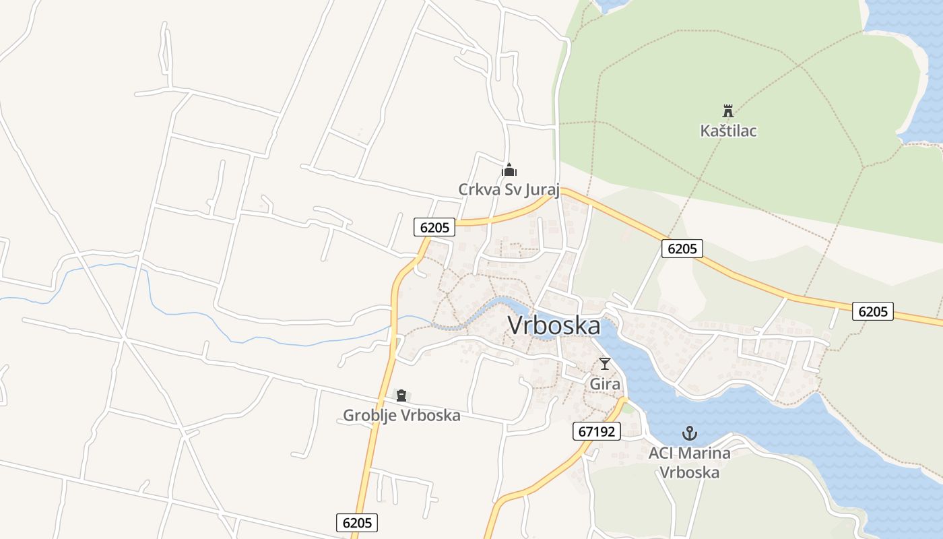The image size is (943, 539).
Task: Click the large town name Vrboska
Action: click(x=554, y=326)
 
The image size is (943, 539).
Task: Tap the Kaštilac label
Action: click(x=728, y=131)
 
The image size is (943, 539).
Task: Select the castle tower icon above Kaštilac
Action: click(x=727, y=110)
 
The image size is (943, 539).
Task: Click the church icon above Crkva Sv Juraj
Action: click(x=509, y=170)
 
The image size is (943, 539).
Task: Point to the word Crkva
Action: click(x=478, y=190)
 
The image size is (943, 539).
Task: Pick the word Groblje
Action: click(x=370, y=415)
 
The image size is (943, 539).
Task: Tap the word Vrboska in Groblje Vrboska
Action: click(x=430, y=415)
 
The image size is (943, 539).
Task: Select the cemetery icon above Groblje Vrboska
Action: click(x=401, y=395)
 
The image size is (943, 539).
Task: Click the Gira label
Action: click(x=604, y=383)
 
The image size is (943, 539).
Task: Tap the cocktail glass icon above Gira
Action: click(x=605, y=364)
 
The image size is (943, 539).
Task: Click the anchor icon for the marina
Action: click(x=689, y=433)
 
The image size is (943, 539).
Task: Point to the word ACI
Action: click(x=661, y=453)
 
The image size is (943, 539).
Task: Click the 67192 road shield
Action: click(x=597, y=431)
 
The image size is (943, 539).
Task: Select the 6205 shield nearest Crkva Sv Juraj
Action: click(x=434, y=228)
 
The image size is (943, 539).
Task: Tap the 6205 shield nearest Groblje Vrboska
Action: click(x=357, y=523)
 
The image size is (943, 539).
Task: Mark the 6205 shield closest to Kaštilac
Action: click(x=682, y=249)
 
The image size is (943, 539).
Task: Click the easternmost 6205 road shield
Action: click(x=873, y=311)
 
